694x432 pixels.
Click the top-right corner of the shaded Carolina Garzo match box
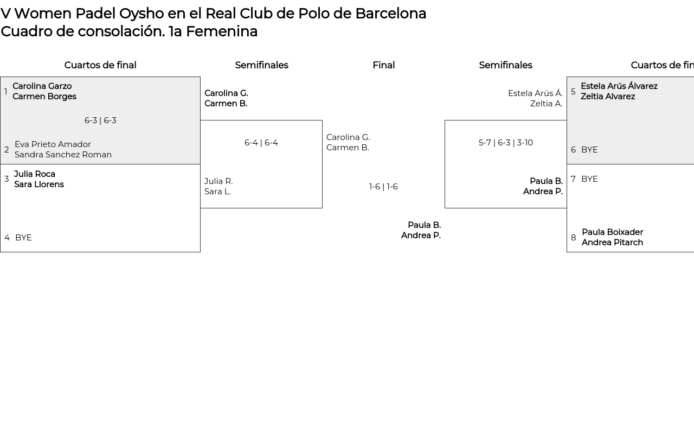(200, 77)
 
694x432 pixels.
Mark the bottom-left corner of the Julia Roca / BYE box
(1, 252)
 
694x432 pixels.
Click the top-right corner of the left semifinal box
(322, 120)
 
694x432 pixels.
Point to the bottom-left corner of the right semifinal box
(445, 208)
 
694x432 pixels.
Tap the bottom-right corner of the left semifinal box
(322, 208)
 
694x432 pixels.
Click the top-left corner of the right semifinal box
(445, 120)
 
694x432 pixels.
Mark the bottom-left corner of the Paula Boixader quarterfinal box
(567, 252)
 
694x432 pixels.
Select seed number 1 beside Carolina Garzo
(6, 92)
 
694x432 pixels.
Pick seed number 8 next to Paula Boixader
(574, 238)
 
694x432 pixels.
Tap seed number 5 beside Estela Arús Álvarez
(573, 92)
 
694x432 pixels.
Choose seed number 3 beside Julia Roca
(7, 179)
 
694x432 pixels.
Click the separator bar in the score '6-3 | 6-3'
(100, 120)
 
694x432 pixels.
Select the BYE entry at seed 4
(23, 238)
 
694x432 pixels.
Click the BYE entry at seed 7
(589, 179)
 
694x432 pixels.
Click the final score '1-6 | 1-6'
(383, 187)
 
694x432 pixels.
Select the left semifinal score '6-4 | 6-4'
(261, 143)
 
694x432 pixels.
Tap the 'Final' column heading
(383, 65)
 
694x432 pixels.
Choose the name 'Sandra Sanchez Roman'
(63, 155)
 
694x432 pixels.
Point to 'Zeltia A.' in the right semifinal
(546, 104)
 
